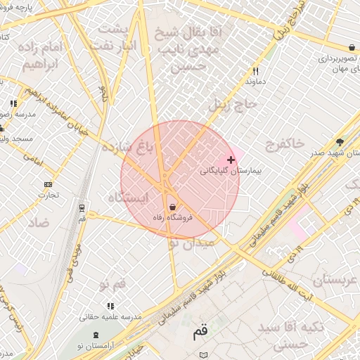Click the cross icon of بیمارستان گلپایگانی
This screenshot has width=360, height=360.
[231, 160]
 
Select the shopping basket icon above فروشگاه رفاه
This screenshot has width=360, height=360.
[172, 207]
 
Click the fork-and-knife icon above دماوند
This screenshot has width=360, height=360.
[255, 71]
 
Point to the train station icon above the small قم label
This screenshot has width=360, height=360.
[82, 208]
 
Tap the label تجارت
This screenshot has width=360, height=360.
[48, 195]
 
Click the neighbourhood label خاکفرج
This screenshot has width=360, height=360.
[285, 143]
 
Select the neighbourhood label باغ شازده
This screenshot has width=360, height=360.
[127, 148]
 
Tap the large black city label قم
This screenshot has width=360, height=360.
[201, 331]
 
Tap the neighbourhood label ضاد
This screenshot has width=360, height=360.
[38, 221]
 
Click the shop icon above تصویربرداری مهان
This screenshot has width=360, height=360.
[351, 48]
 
